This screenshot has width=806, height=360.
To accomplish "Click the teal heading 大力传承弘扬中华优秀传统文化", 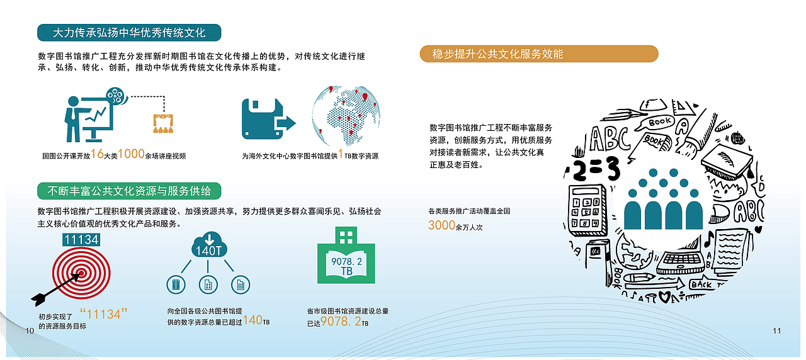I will [x=130, y=32].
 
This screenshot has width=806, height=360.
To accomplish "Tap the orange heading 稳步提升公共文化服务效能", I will [x=538, y=54].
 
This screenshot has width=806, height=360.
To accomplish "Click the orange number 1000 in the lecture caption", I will [x=132, y=155].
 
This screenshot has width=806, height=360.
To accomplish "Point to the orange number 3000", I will [x=441, y=225].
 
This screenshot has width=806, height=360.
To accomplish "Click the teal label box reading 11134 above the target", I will [x=81, y=240].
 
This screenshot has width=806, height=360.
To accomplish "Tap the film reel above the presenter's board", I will [x=115, y=96].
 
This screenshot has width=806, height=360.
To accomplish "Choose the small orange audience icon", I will [x=162, y=123].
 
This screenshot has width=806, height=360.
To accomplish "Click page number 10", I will [x=28, y=331].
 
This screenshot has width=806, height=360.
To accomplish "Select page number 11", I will [x=776, y=331].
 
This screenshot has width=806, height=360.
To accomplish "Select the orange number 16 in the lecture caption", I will [x=96, y=155].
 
